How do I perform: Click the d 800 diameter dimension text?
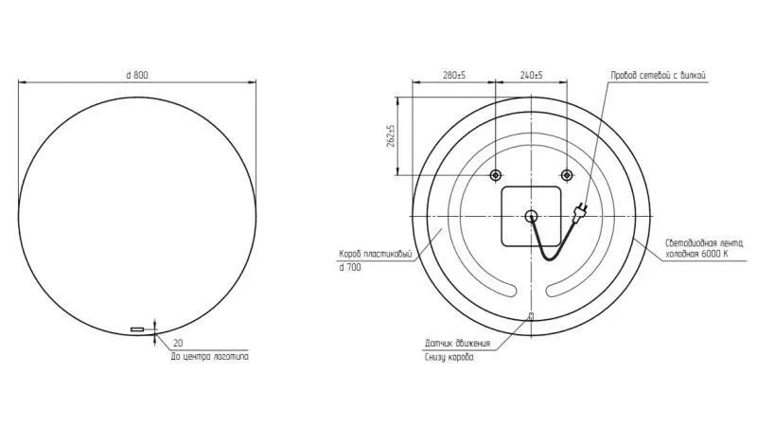click(x=137, y=75)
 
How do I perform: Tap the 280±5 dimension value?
click(x=454, y=76)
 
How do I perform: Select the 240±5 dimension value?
click(x=531, y=76)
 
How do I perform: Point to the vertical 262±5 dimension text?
click(x=391, y=135)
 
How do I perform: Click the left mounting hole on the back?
click(x=496, y=175)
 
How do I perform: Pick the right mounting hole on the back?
click(x=567, y=175)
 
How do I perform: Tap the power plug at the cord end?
click(x=579, y=211)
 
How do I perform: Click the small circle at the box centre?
click(x=531, y=216)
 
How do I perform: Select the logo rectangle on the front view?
click(x=137, y=329)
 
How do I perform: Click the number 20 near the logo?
click(x=178, y=343)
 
